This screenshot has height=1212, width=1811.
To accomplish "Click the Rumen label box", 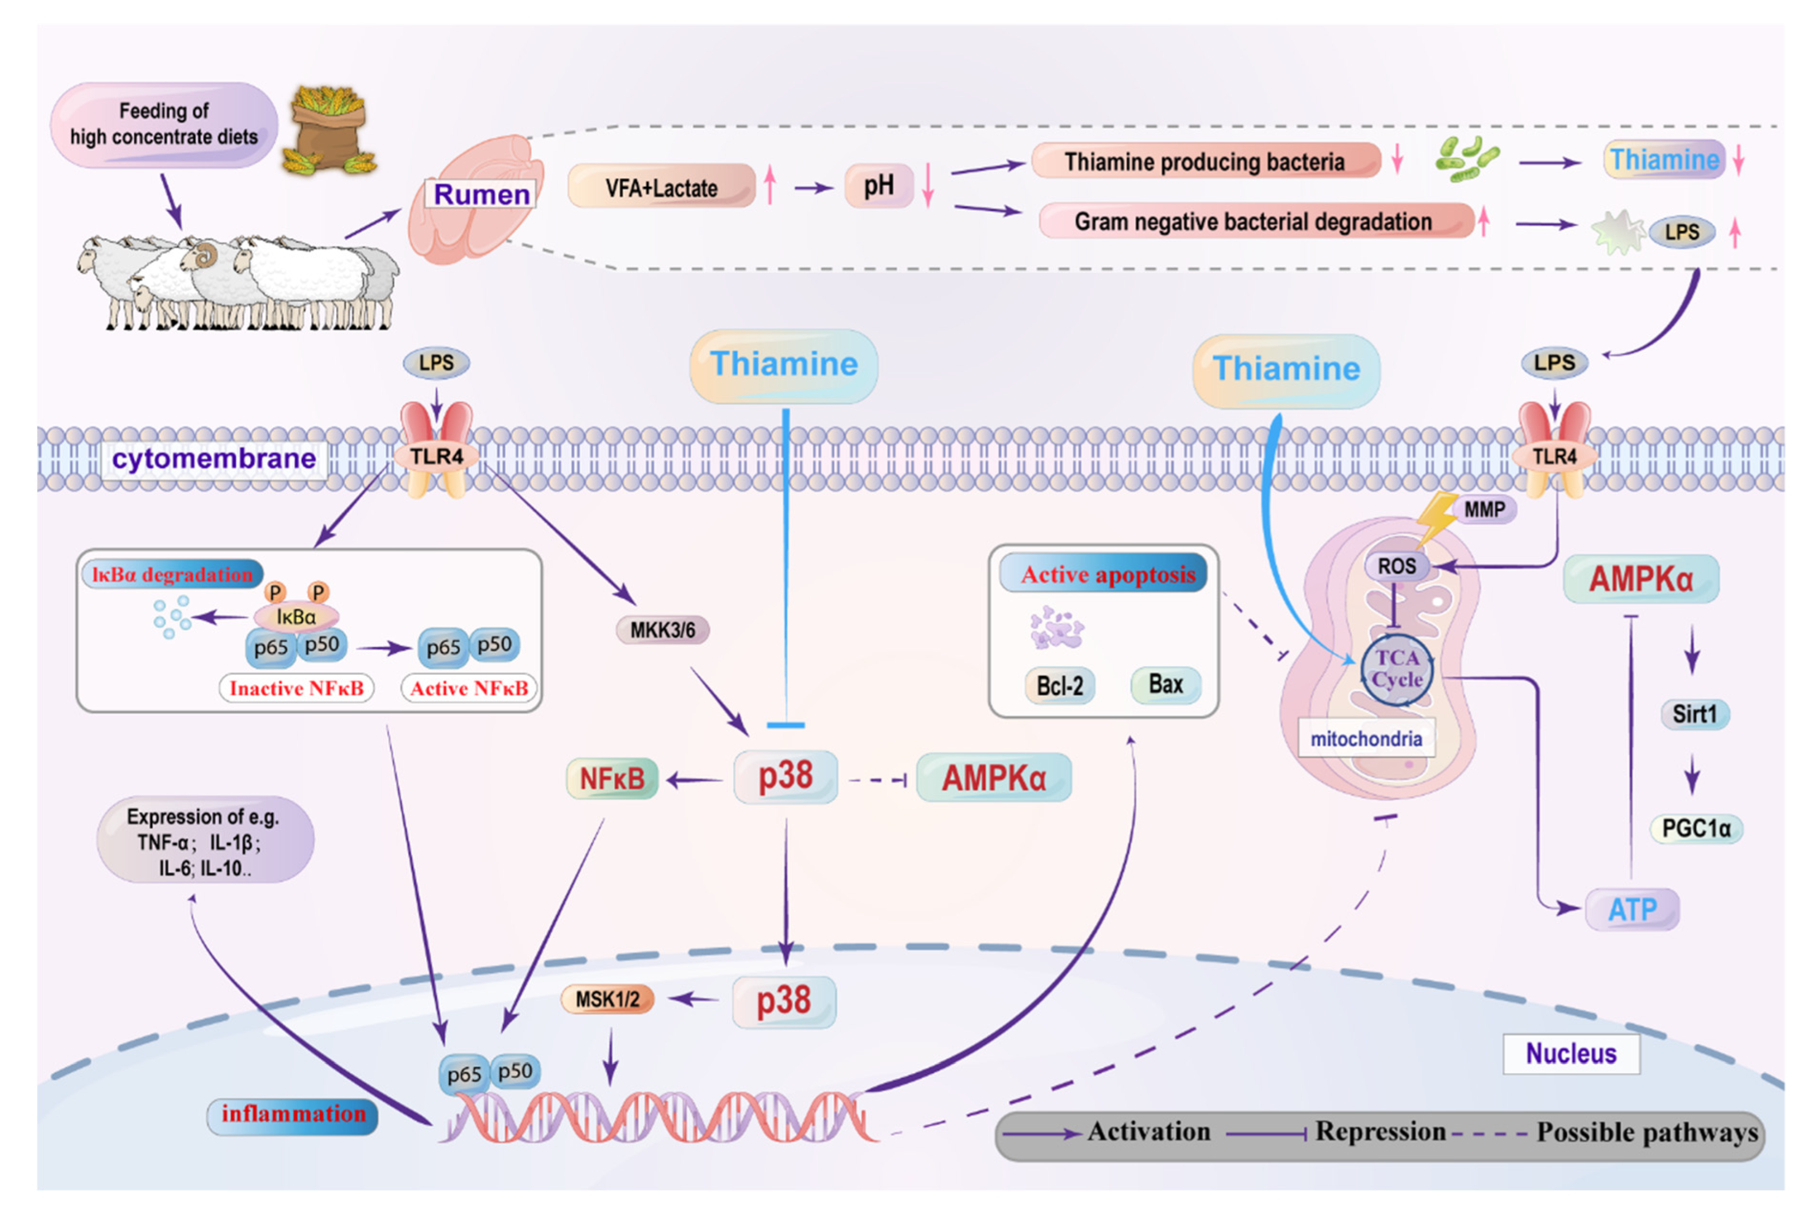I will [x=481, y=194].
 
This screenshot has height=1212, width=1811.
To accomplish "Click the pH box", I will [x=879, y=186].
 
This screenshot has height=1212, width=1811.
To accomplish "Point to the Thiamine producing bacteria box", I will [x=1204, y=161].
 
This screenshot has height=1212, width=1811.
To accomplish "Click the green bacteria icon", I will [x=1466, y=159].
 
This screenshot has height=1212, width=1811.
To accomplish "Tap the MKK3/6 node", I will [x=663, y=630].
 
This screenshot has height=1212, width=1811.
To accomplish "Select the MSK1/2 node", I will [x=608, y=999].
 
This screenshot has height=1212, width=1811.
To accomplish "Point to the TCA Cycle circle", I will [x=1397, y=669].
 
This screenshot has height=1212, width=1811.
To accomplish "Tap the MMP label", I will [x=1485, y=509].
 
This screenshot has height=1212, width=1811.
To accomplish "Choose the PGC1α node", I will [x=1696, y=828].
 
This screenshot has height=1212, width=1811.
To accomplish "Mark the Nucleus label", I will [x=1570, y=1053].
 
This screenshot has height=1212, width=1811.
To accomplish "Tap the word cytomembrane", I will [x=213, y=459].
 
